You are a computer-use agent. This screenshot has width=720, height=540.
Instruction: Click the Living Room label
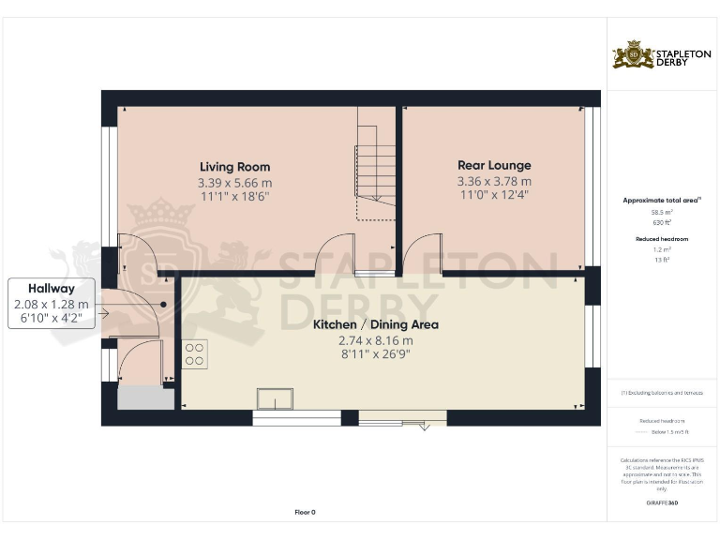[x=234, y=167]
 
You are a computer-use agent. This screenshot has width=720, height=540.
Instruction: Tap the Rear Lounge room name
[x=494, y=166]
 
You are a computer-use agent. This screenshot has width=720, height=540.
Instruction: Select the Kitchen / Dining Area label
[x=376, y=325]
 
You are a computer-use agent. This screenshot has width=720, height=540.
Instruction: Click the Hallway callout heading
[x=51, y=289]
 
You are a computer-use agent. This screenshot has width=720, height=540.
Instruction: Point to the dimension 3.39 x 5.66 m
[x=234, y=182]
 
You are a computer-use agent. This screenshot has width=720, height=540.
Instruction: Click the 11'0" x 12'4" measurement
[x=494, y=197]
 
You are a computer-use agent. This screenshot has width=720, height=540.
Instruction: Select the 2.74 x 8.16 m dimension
[x=376, y=340]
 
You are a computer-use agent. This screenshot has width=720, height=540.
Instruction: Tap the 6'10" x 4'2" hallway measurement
[x=51, y=319]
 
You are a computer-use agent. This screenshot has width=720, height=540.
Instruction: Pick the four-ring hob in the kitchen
[x=195, y=353]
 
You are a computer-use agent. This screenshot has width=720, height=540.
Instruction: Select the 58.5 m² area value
[x=662, y=213]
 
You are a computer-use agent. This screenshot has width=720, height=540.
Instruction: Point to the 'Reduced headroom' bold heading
[x=662, y=239]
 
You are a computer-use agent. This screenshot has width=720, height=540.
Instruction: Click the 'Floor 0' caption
[x=306, y=512]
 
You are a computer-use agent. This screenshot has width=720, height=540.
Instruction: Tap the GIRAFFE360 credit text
[x=662, y=503]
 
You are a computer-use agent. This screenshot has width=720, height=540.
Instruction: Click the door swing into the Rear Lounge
[x=422, y=250]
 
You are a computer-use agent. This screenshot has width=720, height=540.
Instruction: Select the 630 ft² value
[x=662, y=222]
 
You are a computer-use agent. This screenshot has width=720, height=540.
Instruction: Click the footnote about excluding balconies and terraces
[x=662, y=393]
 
